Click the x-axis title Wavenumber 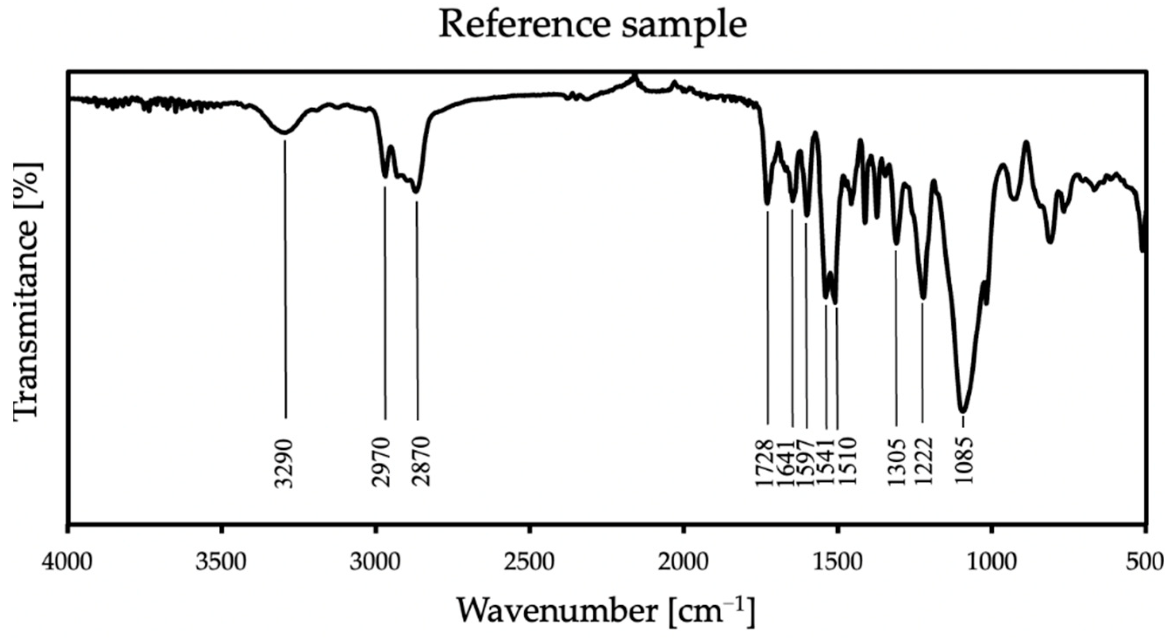tap(606, 611)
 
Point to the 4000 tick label tap(68, 562)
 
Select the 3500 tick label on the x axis tap(221, 562)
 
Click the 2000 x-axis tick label tap(683, 562)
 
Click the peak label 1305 tap(897, 463)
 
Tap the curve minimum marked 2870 tap(416, 191)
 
